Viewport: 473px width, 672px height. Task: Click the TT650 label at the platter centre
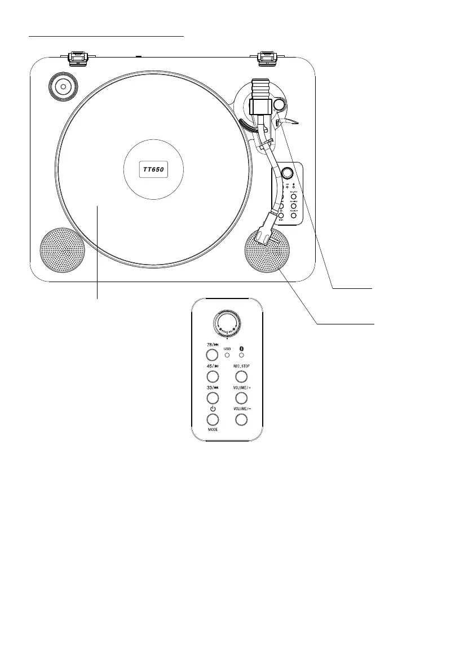153,169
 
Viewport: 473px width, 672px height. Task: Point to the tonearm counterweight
261,89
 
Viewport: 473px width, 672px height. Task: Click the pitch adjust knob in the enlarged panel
227,324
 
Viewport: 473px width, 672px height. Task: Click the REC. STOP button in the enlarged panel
242,376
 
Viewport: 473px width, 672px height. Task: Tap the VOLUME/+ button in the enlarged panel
242,397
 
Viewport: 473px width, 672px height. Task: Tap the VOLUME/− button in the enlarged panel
242,419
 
